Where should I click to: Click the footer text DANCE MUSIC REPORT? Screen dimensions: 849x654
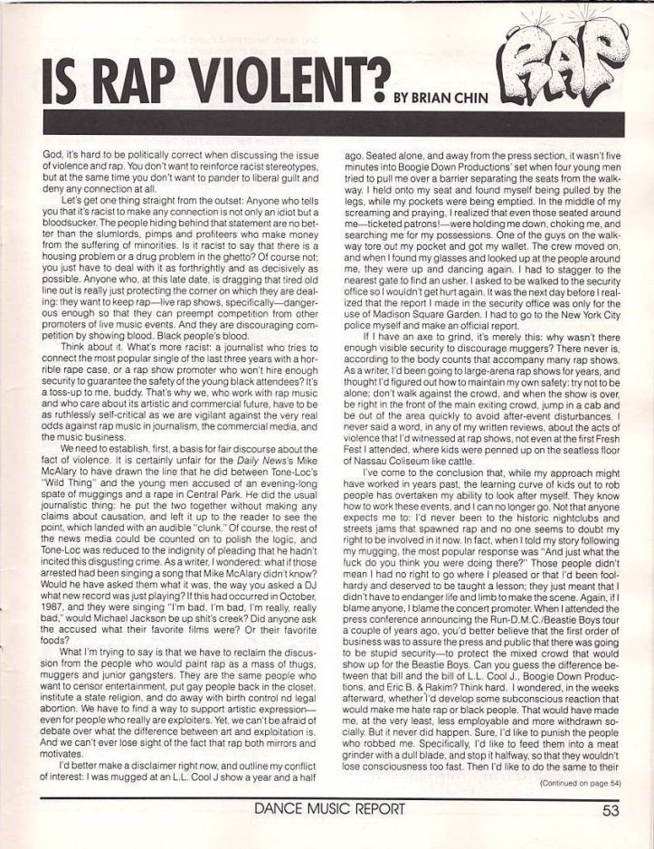click(x=327, y=811)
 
